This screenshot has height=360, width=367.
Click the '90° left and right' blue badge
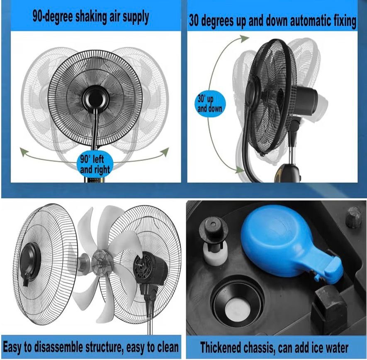click(x=95, y=164)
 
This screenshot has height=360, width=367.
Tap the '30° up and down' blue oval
click(x=210, y=104)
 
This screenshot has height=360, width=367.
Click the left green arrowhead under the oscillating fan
click(x=24, y=152)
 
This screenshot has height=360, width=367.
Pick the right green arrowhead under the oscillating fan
click(x=165, y=152)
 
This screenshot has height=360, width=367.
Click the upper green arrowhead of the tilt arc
click(x=245, y=39)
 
